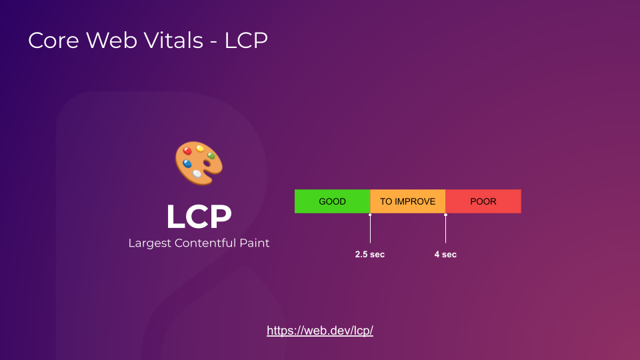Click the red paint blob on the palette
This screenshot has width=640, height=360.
point(188,151)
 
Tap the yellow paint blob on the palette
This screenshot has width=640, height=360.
point(200,148)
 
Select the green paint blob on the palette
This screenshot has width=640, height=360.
point(211,155)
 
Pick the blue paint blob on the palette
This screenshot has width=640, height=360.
point(187,163)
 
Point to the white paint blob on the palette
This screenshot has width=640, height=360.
point(197,173)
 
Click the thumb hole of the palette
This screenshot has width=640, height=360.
point(207,163)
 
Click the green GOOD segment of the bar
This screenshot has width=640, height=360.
point(332,201)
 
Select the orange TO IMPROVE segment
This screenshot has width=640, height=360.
point(407,201)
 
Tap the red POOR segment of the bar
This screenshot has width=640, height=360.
point(483,201)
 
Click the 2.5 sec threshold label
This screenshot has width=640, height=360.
point(369,255)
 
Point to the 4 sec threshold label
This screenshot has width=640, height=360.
point(445,255)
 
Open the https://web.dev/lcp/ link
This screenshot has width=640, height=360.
point(320,331)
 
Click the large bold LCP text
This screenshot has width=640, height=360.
point(199,217)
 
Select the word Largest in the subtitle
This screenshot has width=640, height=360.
point(149,243)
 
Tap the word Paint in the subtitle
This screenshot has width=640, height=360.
point(254,243)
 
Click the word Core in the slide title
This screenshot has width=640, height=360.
point(51,41)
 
